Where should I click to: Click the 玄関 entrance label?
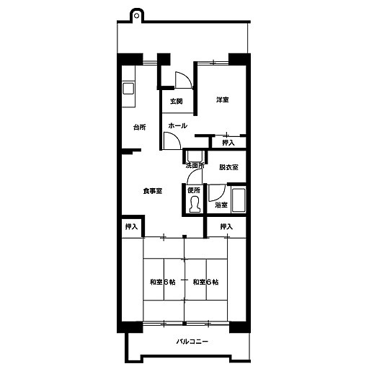[x=177, y=101]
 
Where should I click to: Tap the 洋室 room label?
[x=222, y=99]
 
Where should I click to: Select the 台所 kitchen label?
[x=139, y=127]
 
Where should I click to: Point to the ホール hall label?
[x=178, y=125]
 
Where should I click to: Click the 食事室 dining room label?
[x=153, y=191]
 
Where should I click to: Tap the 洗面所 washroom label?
[x=195, y=165]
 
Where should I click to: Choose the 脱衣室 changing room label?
[x=228, y=167]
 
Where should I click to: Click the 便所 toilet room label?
[x=194, y=190]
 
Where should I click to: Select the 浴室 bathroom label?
[x=221, y=205]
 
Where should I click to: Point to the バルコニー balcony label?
[x=192, y=342]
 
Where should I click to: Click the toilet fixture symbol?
[x=195, y=204]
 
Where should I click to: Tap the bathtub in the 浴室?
[x=239, y=200]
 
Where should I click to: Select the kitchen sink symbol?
[x=128, y=89]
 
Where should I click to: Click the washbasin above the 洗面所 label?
[x=195, y=156]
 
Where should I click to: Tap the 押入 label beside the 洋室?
[x=228, y=143]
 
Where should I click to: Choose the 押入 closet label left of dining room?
[x=131, y=226]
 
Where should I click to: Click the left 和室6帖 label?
[x=163, y=282]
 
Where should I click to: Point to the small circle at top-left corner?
[x=136, y=16]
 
